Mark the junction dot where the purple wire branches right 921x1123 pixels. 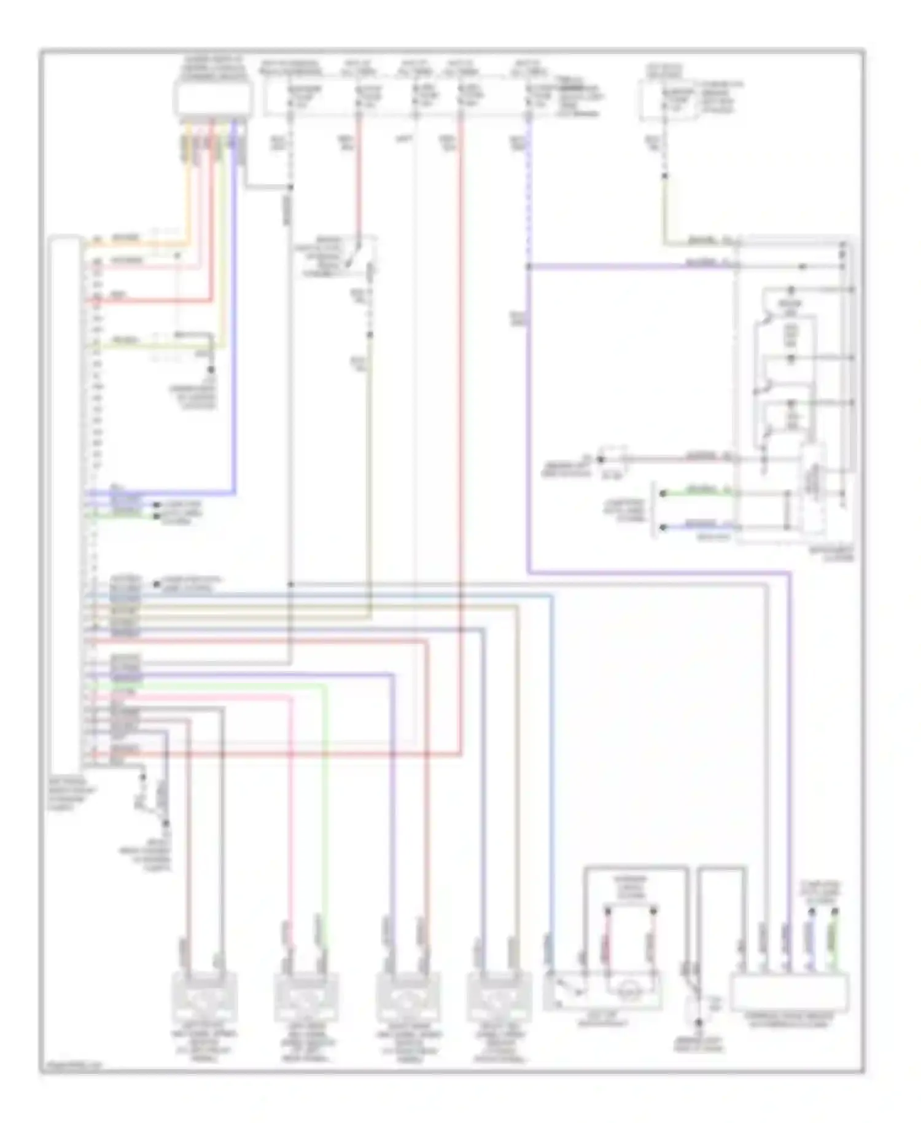point(528,267)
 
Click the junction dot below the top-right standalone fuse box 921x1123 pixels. point(664,177)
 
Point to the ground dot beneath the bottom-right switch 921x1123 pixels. point(698,1023)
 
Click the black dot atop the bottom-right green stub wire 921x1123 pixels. point(834,908)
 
